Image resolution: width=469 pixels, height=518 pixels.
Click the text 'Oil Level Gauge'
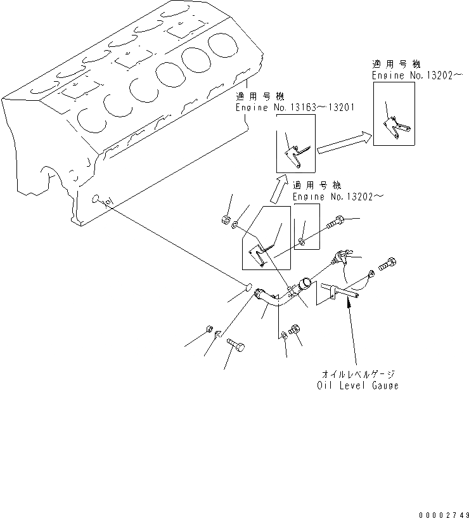pyautogui.click(x=357, y=385)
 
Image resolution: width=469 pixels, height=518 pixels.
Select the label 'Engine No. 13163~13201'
pyautogui.click(x=295, y=108)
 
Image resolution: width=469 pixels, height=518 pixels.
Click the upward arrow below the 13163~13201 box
pyautogui.click(x=278, y=187)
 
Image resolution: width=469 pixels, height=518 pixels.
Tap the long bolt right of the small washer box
pyautogui.click(x=335, y=223)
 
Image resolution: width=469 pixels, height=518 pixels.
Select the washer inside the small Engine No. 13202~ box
pyautogui.click(x=302, y=241)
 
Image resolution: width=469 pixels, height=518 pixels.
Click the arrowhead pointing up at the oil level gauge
pyautogui.click(x=347, y=303)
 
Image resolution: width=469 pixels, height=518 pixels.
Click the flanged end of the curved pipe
pyautogui.click(x=260, y=295)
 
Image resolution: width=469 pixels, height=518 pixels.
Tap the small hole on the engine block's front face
pyautogui.click(x=95, y=199)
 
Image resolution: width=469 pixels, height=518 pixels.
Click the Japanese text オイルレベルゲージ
pyautogui.click(x=358, y=374)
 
